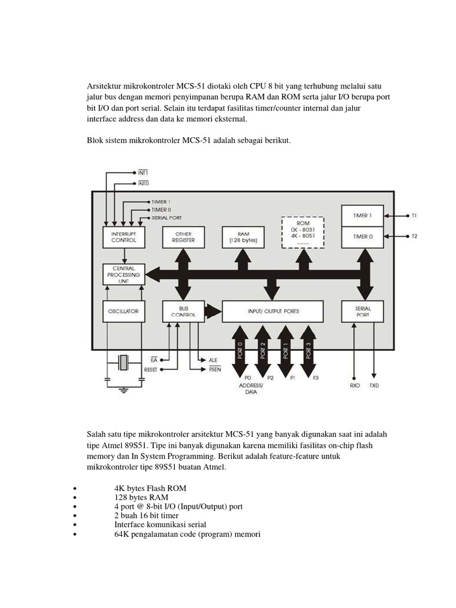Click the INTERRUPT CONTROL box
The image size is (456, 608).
(124, 237)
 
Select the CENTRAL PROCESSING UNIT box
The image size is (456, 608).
(124, 274)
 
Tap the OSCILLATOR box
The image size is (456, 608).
(124, 311)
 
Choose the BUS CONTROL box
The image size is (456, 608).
(179, 311)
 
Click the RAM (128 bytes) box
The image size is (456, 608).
(242, 237)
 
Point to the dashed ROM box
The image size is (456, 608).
(303, 231)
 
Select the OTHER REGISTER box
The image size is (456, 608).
(179, 237)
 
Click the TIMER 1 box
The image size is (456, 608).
(362, 216)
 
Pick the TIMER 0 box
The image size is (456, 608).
(362, 236)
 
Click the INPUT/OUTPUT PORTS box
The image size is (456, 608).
(273, 311)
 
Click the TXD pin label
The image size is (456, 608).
(374, 385)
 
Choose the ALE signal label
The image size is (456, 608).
(213, 360)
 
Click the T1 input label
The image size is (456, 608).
(414, 216)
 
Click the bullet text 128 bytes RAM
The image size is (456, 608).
(141, 497)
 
